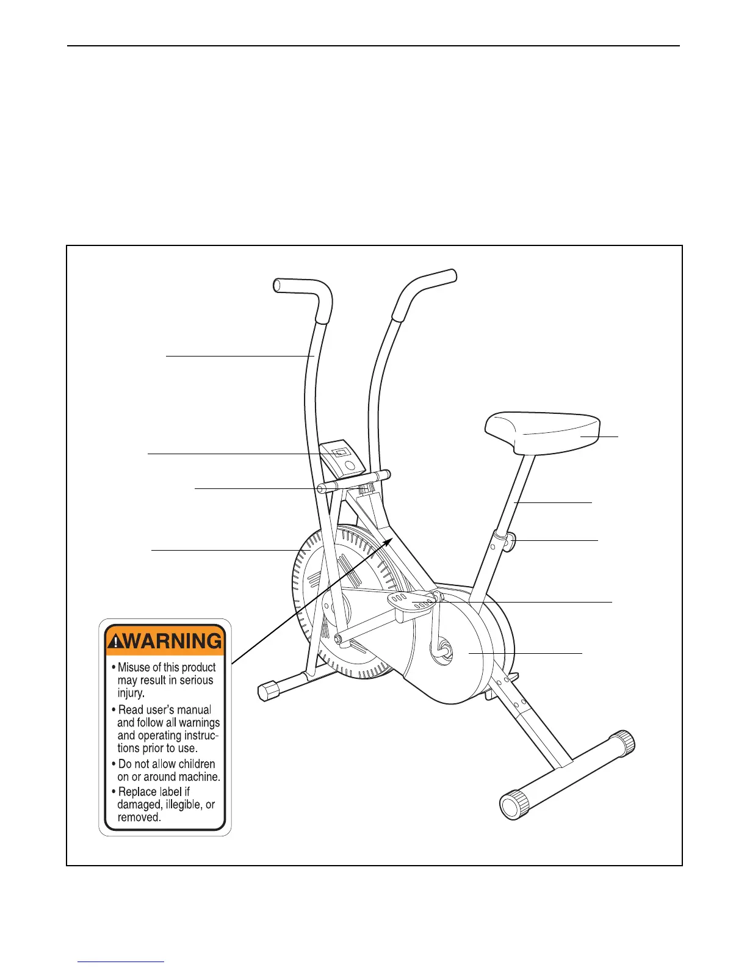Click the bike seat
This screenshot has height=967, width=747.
tap(543, 432)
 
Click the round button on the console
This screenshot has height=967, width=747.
tap(350, 465)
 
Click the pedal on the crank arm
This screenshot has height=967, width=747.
tap(413, 602)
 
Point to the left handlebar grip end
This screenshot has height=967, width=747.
tap(276, 285)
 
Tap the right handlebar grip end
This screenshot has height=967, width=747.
tap(452, 275)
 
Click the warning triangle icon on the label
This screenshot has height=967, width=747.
tap(115, 642)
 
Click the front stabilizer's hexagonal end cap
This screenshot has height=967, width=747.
tap(268, 691)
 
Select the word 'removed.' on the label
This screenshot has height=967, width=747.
tap(139, 817)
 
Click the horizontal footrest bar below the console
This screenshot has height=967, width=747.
tap(354, 482)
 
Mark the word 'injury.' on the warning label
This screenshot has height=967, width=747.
tap(131, 693)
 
